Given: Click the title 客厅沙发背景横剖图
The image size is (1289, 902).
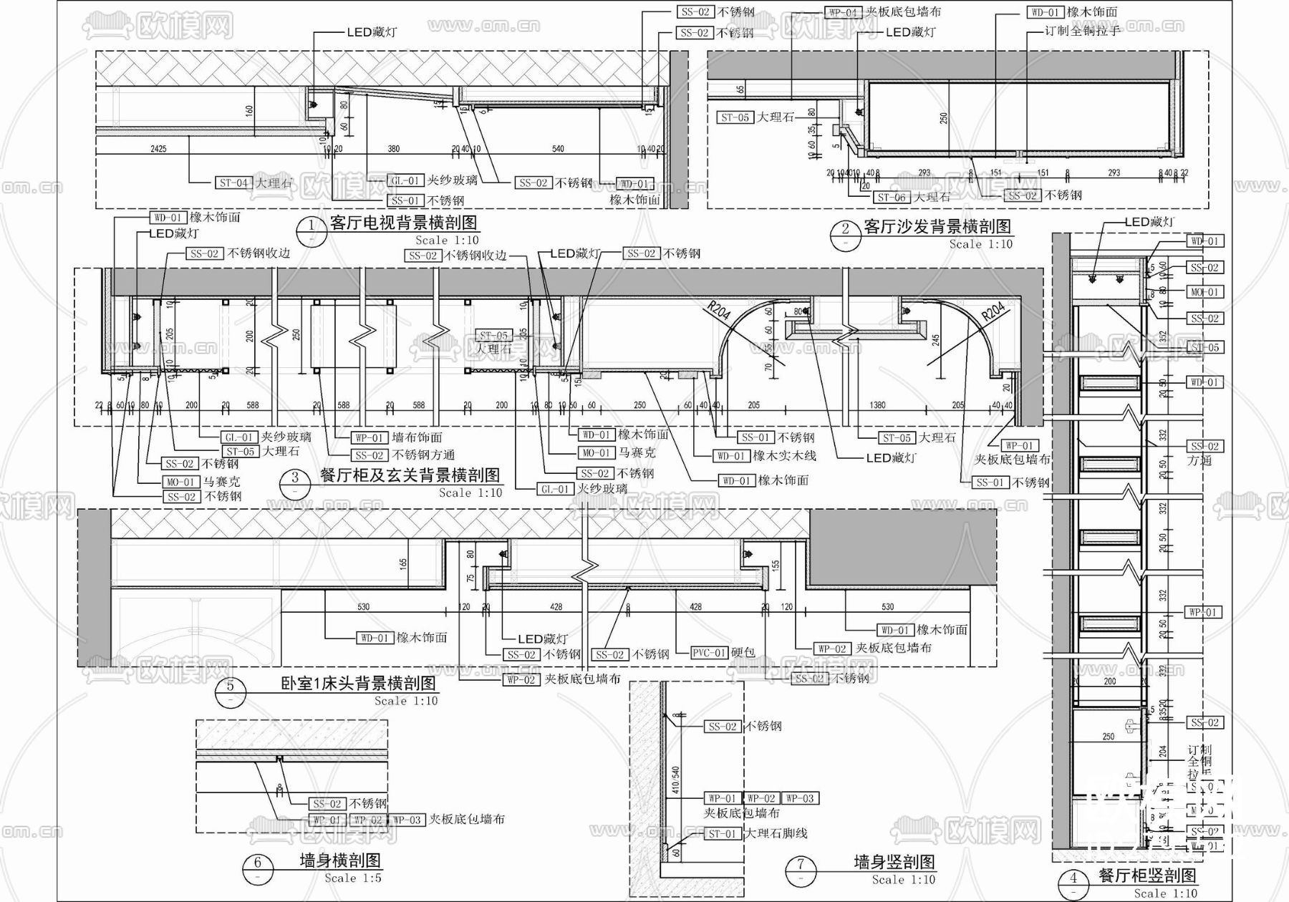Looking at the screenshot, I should pyautogui.click(x=937, y=227).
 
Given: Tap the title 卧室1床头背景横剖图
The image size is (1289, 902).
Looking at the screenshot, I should pyautogui.click(x=357, y=684).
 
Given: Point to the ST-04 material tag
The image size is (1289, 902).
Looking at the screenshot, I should pyautogui.click(x=234, y=183).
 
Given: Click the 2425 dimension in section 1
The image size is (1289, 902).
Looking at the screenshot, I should pyautogui.click(x=159, y=149).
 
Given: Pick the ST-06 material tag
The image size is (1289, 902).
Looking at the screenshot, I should pyautogui.click(x=892, y=198).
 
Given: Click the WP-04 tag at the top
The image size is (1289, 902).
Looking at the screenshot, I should pyautogui.click(x=843, y=13).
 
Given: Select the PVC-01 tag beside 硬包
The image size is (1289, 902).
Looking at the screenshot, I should pyautogui.click(x=709, y=653).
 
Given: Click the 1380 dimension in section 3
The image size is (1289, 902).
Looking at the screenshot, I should pyautogui.click(x=877, y=405).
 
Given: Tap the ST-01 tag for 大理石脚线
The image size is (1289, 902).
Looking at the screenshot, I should pyautogui.click(x=723, y=834).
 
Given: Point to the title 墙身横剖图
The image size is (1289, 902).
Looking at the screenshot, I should pyautogui.click(x=339, y=860).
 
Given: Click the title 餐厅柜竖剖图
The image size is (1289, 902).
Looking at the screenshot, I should pyautogui.click(x=1147, y=876).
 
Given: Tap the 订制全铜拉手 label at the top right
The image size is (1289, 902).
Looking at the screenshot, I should pyautogui.click(x=1082, y=31).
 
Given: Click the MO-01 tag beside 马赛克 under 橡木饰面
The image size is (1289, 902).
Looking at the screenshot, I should pyautogui.click(x=596, y=453).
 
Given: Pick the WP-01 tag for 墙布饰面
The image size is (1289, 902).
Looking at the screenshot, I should pyautogui.click(x=370, y=438).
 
